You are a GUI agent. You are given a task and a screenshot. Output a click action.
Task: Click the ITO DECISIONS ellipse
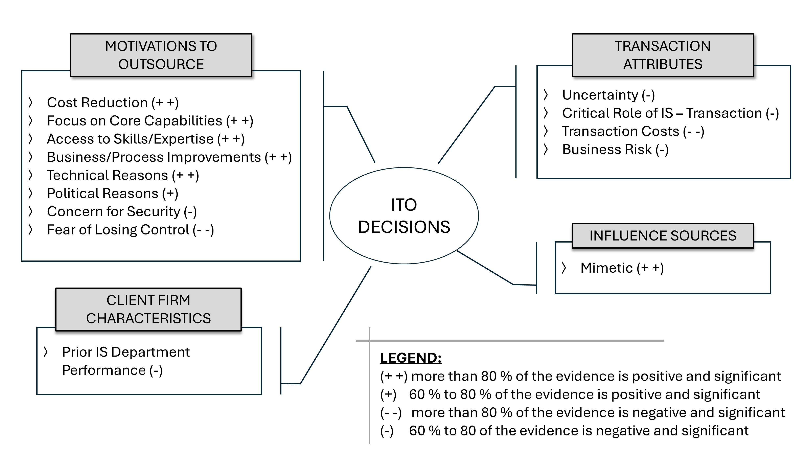(x=404, y=215)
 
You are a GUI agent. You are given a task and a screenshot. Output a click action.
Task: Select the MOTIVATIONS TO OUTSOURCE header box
(x=161, y=55)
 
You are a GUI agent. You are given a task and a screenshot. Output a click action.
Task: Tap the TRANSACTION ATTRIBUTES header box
(x=663, y=55)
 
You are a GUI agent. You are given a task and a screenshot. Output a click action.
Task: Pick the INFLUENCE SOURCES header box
(x=663, y=236)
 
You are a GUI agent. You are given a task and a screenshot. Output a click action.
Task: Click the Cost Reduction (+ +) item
(x=113, y=103)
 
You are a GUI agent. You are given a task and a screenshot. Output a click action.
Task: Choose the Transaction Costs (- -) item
(x=633, y=131)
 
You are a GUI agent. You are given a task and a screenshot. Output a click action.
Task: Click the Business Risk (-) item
(x=615, y=150)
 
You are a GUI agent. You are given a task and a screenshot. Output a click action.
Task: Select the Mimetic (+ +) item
(x=622, y=268)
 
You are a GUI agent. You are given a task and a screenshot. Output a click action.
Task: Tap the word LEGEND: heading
(x=411, y=358)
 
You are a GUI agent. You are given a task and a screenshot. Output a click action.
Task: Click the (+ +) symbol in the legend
(x=393, y=376)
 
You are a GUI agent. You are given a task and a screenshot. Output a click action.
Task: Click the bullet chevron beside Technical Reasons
(x=30, y=176)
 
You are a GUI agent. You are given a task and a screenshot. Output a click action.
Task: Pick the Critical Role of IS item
(x=670, y=113)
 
